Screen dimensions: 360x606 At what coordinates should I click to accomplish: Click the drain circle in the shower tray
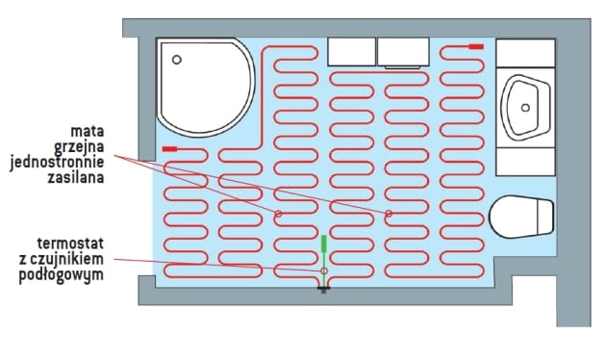click(176, 59)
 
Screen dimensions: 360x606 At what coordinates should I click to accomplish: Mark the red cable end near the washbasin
click(476, 46)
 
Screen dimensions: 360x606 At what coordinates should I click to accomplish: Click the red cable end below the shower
click(170, 149)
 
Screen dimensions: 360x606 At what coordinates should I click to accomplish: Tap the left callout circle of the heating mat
click(278, 213)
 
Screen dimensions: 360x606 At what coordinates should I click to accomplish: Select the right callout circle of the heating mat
click(389, 213)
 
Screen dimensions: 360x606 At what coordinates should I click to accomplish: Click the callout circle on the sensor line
click(324, 270)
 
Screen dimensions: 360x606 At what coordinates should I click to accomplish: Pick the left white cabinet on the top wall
click(351, 51)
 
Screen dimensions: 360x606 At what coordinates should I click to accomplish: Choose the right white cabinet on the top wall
click(402, 51)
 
